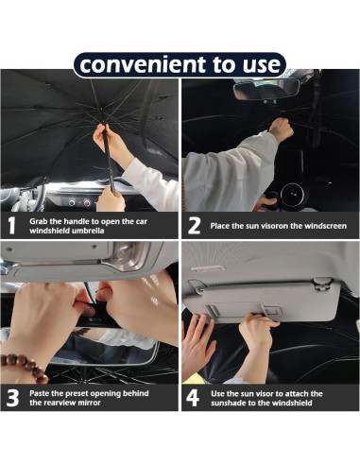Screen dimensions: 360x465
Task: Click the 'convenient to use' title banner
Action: pos(180,64)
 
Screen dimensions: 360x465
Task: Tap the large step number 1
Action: pos(11,225)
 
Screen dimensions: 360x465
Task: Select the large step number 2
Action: pos(194,226)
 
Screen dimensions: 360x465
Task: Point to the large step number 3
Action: pos(12,398)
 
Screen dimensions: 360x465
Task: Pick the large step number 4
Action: pos(193,398)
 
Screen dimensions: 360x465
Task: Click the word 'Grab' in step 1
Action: pos(38,221)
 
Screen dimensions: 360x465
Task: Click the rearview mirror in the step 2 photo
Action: pos(266,89)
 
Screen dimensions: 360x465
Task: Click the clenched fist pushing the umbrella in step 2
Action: pos(281,129)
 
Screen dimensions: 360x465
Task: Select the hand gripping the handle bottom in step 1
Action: pos(111,199)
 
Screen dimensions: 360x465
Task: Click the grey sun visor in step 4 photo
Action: pos(261,301)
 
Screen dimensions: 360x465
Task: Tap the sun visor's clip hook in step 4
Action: pos(322,284)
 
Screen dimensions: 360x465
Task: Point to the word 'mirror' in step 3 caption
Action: pos(89,403)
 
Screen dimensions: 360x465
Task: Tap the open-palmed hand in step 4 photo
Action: pos(197,342)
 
